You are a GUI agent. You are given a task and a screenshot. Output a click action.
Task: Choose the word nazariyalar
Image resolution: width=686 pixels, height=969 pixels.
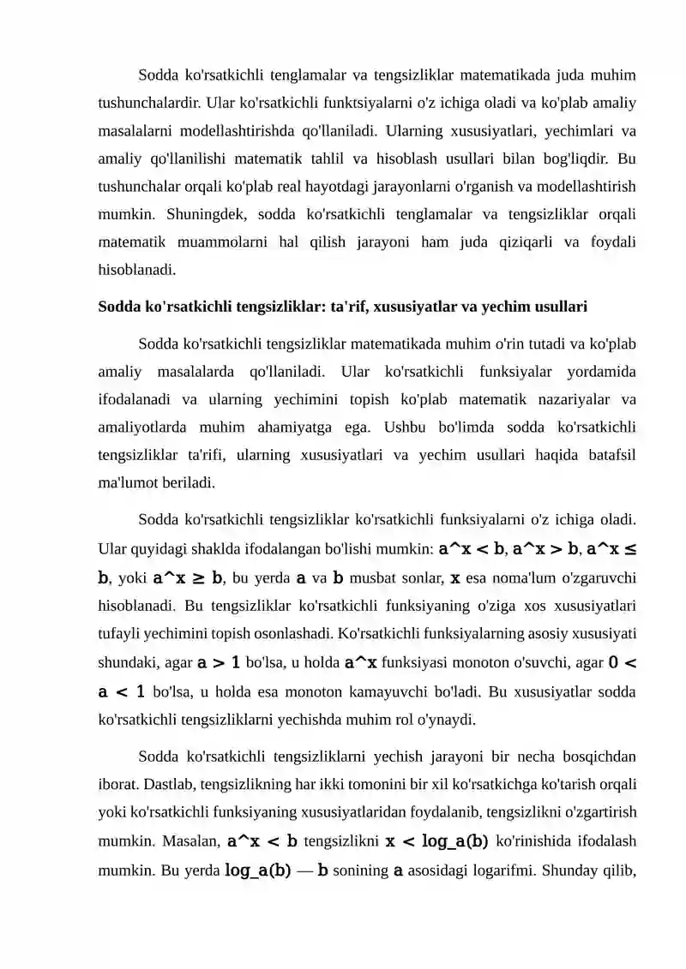coord(581,398)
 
